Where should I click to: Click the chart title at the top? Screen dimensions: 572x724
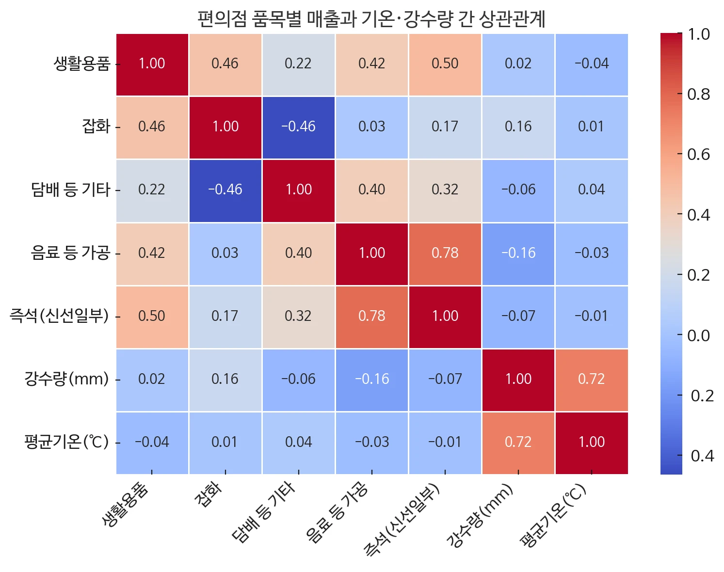371,19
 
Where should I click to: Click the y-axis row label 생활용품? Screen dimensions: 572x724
82,64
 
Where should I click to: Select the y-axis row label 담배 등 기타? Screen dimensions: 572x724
71,190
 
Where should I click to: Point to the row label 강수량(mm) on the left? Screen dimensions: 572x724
66,379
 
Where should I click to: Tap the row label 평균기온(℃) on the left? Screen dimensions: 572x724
66,442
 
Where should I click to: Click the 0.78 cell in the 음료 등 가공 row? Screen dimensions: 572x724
445,253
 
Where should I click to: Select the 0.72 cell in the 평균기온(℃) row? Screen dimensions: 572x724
518,442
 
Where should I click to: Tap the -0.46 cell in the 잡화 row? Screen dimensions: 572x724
298,127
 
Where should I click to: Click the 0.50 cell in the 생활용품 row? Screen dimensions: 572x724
445,64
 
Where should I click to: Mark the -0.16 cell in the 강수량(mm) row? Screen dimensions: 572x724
371,379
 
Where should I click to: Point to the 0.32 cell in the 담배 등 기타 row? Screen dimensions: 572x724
445,190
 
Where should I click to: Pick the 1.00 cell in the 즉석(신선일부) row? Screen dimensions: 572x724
445,316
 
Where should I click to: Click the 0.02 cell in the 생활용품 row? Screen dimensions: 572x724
518,64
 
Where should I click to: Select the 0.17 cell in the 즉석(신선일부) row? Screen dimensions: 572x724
225,316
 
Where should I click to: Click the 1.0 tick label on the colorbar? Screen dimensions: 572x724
698,34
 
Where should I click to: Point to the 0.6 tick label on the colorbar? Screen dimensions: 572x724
698,155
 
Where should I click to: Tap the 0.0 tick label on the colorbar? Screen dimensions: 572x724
698,335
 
